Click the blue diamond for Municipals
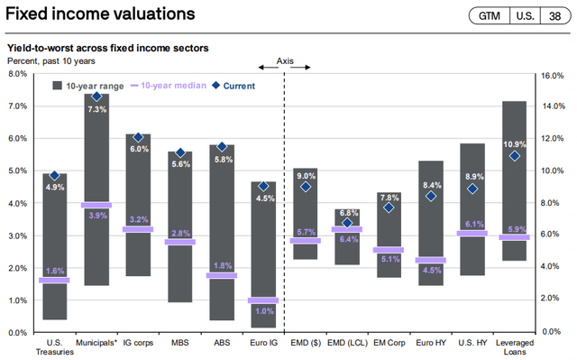click(96, 97)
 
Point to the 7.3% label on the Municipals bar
click(96, 109)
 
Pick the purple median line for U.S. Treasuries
click(54, 280)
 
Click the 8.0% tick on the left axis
click(18, 74)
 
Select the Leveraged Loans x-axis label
click(514, 346)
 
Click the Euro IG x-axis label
click(263, 343)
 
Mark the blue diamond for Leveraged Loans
click(515, 155)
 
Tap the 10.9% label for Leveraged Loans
click(515, 143)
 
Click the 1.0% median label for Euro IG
click(263, 310)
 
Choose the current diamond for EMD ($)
click(306, 187)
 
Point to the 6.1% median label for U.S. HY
click(472, 223)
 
